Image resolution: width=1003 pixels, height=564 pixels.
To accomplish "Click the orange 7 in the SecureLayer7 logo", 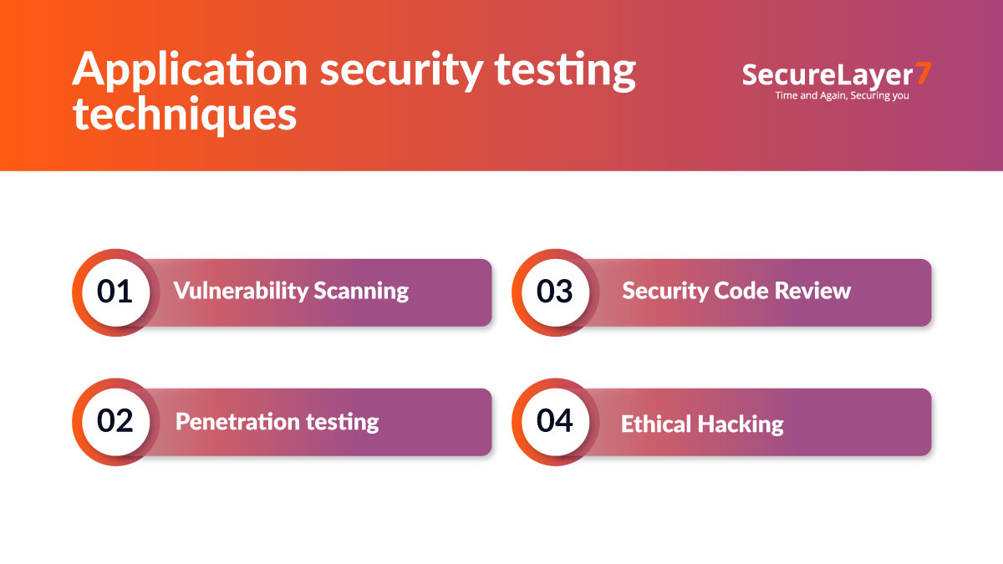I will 923,74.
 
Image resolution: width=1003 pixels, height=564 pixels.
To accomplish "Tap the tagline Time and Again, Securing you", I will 842,95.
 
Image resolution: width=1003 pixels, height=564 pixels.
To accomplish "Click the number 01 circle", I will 115,292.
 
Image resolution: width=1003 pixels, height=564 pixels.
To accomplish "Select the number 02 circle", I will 115,421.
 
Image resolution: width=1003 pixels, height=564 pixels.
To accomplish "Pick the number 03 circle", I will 555,292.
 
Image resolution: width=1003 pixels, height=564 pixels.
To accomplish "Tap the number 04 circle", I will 555,421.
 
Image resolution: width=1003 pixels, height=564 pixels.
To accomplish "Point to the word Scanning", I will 361,291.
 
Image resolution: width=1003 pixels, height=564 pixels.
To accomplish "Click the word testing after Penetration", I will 343,421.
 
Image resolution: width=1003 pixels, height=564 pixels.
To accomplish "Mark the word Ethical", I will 656,424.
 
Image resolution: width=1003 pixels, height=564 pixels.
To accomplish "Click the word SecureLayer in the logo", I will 827,74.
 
